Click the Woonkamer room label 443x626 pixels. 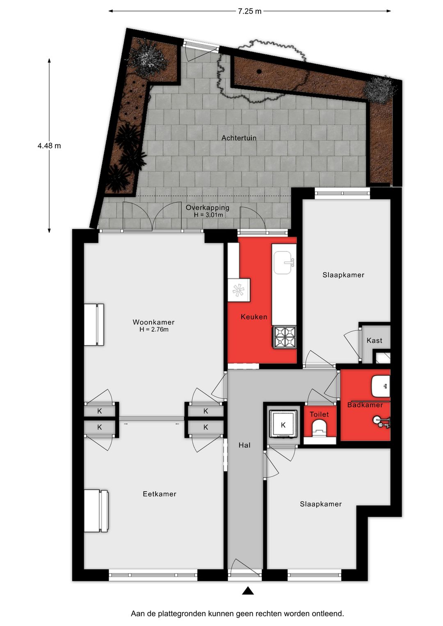coord(153,322)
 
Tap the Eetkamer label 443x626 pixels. coord(160,494)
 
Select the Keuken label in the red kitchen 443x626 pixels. coord(254,317)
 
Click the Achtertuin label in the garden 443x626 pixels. coord(239,138)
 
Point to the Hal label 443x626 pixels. coord(244,445)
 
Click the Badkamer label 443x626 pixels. coord(365,405)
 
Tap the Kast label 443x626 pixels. coord(374,340)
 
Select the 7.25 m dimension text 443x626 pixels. coord(249,11)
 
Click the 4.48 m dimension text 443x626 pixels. coord(49,146)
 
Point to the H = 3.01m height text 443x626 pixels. coord(208,215)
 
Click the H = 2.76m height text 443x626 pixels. coord(154,329)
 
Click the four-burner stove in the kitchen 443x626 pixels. coord(285,337)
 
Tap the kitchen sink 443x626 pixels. coord(284,263)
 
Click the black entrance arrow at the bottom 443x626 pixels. coord(248,591)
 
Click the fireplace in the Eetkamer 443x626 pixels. coord(96,511)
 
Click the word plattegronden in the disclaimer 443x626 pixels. coord(183,614)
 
